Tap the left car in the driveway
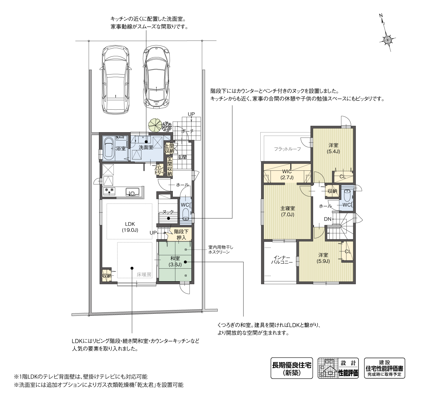(115, 80)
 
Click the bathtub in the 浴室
(109, 148)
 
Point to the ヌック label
(168, 212)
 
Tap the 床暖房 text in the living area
(144, 275)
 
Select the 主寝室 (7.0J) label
(287, 211)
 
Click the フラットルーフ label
(287, 149)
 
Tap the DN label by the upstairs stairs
(327, 219)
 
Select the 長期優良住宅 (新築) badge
(291, 368)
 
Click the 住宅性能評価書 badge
(384, 368)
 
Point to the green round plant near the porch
(154, 124)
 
